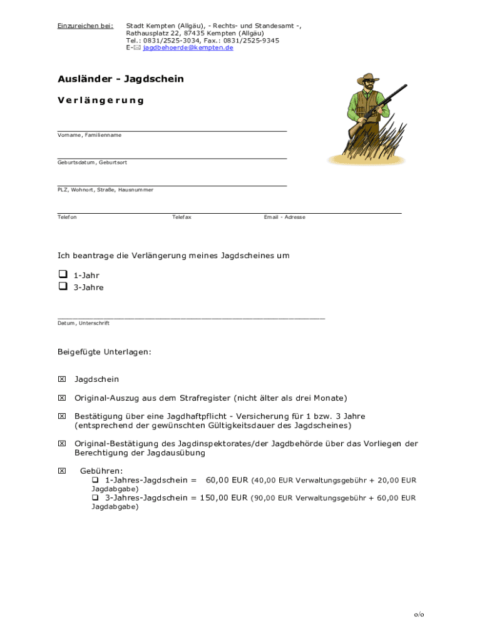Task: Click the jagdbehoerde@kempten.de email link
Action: coord(188,47)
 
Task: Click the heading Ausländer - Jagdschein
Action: coord(120,79)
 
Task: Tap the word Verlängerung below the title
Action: coord(101,100)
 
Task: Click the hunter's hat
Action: coord(367,79)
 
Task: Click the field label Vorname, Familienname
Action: coord(90,135)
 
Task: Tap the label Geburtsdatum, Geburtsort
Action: coord(92,162)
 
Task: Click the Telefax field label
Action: coord(182,217)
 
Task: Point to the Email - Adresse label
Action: coord(285,217)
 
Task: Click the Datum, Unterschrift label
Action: coord(83,323)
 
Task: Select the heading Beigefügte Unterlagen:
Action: coord(104,352)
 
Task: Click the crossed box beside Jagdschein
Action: coord(61,379)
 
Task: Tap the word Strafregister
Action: coord(205,398)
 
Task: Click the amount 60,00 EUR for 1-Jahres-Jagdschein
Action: coord(227,480)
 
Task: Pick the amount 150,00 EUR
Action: coord(224,498)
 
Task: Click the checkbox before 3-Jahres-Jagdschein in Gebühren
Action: coord(96,498)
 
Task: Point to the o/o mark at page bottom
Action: coord(419,615)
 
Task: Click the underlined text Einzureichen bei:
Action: coord(85,26)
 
